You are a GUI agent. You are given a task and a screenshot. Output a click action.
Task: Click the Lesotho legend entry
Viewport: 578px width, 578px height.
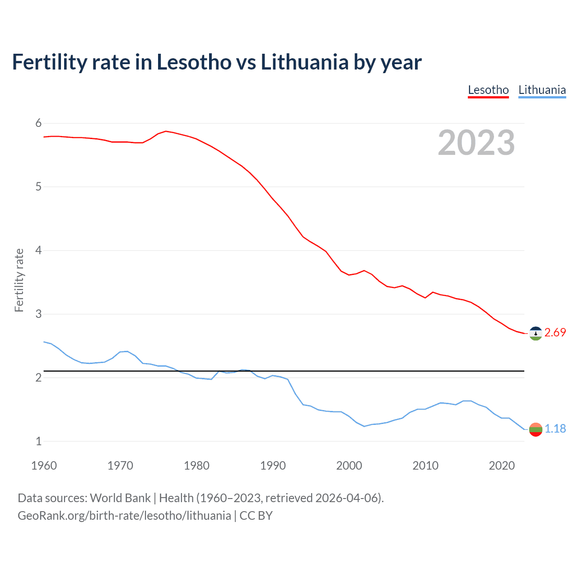coord(488,90)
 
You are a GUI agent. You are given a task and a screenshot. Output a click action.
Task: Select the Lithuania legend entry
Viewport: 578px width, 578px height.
coord(542,90)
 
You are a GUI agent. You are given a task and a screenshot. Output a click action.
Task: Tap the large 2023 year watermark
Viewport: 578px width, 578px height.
coord(476,143)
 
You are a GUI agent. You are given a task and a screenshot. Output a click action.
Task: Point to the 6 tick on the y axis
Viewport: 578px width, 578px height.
coord(38,123)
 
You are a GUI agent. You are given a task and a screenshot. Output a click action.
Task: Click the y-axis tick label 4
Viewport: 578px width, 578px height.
coord(38,250)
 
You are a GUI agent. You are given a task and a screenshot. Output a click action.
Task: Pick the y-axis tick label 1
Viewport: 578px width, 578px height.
coord(38,441)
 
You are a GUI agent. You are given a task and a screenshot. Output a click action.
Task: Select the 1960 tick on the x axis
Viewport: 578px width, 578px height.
coord(44,466)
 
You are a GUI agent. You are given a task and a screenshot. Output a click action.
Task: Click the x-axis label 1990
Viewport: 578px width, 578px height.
coord(273,466)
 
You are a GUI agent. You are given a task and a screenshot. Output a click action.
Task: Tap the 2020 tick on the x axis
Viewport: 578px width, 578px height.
coord(502,466)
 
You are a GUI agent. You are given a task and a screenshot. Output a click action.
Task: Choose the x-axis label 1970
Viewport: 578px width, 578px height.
coord(120,466)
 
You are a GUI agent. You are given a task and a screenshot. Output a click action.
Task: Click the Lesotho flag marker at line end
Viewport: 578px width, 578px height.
coord(535,333)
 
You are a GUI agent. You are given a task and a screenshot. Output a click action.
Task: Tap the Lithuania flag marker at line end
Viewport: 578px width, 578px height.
coord(535,429)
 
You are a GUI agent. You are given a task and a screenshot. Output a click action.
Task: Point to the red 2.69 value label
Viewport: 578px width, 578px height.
coord(555,333)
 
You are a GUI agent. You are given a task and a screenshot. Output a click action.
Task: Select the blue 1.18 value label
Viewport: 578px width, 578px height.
coord(555,429)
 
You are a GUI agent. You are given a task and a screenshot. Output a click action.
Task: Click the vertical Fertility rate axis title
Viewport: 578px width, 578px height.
coord(19,280)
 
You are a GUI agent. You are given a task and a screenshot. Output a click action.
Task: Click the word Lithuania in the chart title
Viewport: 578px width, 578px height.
coord(304,62)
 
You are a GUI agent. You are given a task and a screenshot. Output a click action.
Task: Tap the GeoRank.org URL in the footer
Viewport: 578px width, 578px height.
coord(124,516)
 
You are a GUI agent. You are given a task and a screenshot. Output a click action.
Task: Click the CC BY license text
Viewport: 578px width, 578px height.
coord(256,516)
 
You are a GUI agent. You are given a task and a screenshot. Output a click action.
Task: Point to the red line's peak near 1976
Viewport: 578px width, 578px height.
coord(166,131)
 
